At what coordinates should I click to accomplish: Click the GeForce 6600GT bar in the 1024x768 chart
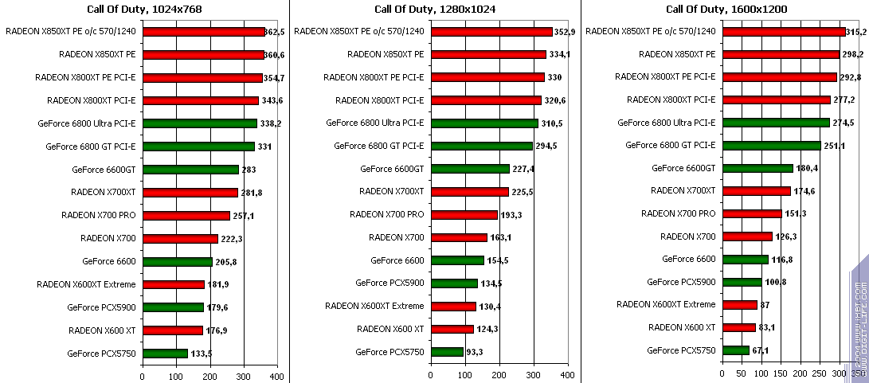point(190,170)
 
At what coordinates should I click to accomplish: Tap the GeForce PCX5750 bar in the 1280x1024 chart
point(447,352)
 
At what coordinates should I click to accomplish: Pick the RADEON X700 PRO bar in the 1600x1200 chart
point(751,213)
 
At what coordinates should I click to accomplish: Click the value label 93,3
point(476,352)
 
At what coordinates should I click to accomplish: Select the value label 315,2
point(857,33)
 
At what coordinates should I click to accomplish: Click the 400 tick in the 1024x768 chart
point(277,375)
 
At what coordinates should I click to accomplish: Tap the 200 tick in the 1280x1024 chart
point(499,375)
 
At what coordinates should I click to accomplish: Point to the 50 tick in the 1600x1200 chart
point(741,375)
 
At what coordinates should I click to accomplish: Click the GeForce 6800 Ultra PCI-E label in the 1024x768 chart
point(87,123)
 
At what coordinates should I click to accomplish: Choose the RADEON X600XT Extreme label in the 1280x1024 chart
point(374,306)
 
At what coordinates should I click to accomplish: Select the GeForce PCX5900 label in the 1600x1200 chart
point(681,282)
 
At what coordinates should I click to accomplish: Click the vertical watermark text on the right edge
point(861,319)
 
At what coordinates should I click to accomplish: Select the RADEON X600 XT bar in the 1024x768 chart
point(172,330)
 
